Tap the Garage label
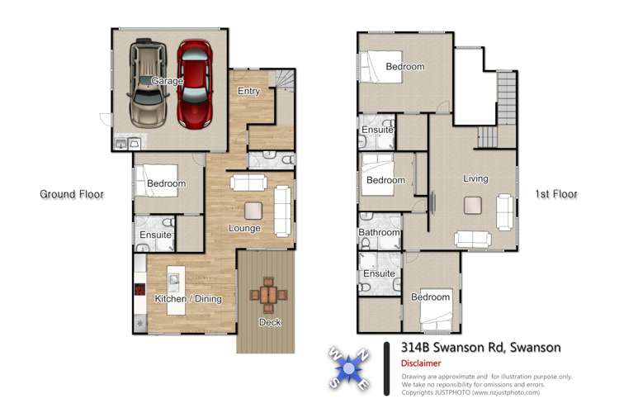167,81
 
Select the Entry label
248,90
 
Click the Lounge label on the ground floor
244,228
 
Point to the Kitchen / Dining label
188,298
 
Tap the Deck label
269,322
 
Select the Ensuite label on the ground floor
155,235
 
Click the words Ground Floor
72,194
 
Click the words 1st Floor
555,194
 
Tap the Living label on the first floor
475,178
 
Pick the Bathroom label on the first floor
380,233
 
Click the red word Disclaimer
421,363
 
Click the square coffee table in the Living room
473,204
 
